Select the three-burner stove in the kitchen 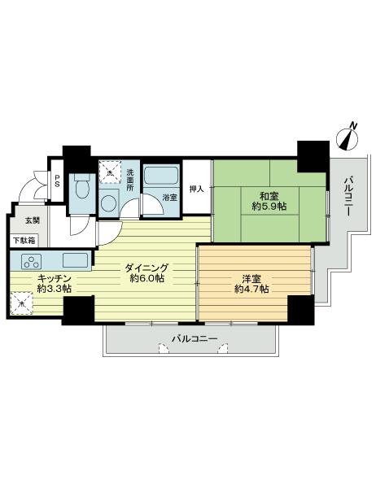point(32,262)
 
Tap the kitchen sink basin point(75,262)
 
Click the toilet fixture point(80,189)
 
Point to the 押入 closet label point(195,189)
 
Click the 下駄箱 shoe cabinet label point(24,240)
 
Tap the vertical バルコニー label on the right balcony point(347,195)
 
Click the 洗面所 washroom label point(130,180)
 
